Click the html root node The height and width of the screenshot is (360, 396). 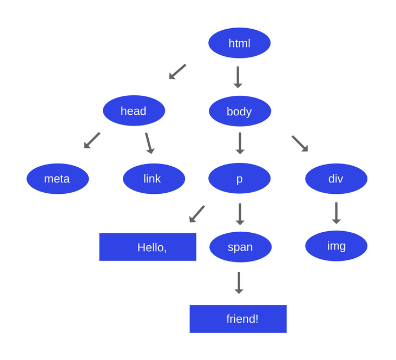[x=239, y=43]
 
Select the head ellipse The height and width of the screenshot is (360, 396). [x=134, y=110]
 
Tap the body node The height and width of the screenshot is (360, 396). [x=240, y=111]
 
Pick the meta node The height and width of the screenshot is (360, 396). [x=57, y=179]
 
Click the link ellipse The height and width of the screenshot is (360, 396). [x=154, y=179]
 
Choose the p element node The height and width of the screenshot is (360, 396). [x=239, y=179]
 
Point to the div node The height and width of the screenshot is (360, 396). [x=336, y=179]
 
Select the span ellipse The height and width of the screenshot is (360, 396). [x=240, y=247]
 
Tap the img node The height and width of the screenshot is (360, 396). [x=336, y=246]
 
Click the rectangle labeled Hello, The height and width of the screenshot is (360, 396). [x=148, y=247]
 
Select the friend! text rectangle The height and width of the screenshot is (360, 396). [x=238, y=319]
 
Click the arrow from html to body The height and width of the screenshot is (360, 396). [x=237, y=77]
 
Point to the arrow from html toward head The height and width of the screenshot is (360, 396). [x=177, y=71]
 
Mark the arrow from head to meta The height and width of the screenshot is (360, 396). [x=92, y=140]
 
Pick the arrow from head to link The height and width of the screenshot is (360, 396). [x=149, y=143]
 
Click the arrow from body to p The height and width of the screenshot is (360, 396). [x=240, y=143]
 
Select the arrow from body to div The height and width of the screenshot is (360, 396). [x=300, y=143]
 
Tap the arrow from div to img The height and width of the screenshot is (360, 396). [x=336, y=213]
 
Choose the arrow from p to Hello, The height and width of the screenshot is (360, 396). [x=197, y=214]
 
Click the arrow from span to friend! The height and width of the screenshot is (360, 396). [x=239, y=283]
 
